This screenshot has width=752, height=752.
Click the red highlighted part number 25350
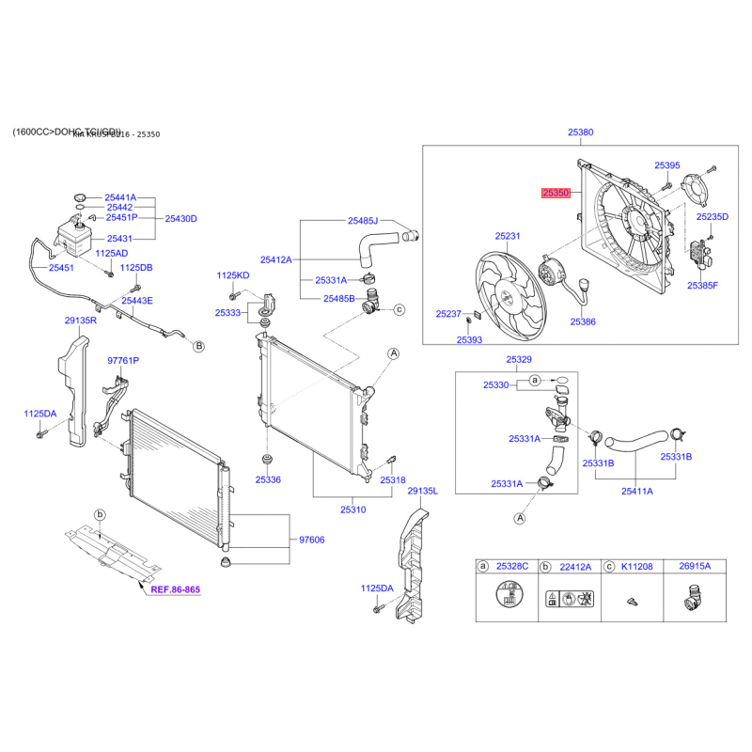556,193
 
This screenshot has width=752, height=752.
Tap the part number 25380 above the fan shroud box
581,133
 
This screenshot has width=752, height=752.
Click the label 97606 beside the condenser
311,540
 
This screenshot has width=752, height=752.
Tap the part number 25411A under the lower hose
636,490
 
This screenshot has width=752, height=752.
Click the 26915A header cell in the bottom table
695,566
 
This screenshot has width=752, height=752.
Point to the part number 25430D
181,218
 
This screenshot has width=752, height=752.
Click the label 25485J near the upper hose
362,221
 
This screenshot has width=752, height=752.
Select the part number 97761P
123,360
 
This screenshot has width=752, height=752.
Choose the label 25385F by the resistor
702,285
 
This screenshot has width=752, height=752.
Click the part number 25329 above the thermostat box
519,360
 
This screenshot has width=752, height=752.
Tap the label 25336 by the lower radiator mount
268,479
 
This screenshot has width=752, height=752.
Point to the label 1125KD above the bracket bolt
233,274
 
